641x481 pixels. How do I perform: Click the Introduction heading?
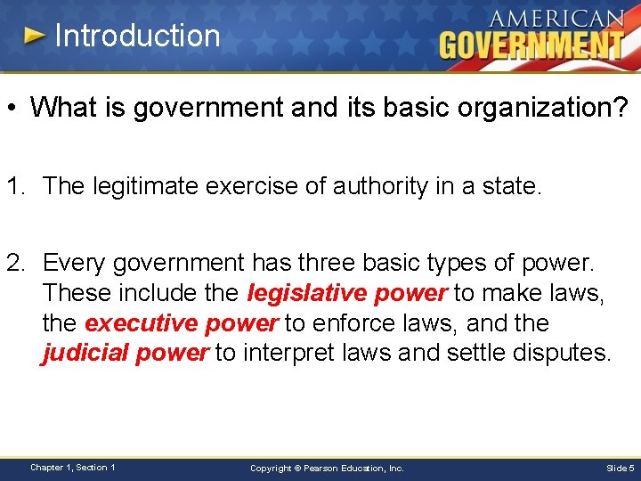click(x=137, y=36)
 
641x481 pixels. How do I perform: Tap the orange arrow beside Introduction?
click(x=35, y=36)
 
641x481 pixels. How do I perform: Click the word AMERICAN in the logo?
click(x=557, y=19)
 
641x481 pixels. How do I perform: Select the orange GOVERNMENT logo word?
click(x=531, y=45)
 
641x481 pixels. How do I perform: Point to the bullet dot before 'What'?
click(x=13, y=108)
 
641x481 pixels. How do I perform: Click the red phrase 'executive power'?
click(x=182, y=322)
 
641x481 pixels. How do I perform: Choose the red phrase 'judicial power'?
click(x=125, y=353)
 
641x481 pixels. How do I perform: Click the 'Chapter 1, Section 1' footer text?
click(x=72, y=467)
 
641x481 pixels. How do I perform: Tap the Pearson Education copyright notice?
click(x=327, y=468)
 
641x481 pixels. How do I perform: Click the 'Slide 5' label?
click(x=621, y=468)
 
